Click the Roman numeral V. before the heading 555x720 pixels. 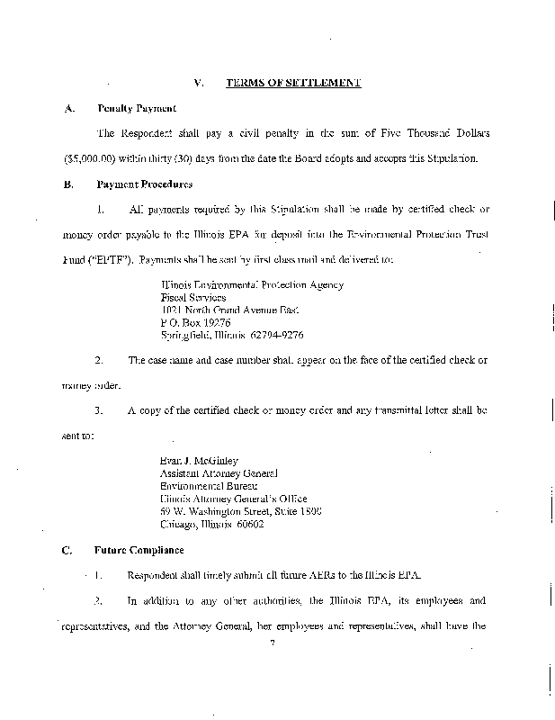point(199,83)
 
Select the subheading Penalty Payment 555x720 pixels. point(130,108)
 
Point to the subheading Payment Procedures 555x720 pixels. point(145,184)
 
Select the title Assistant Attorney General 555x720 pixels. point(219,473)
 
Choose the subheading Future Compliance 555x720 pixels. point(139,549)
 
